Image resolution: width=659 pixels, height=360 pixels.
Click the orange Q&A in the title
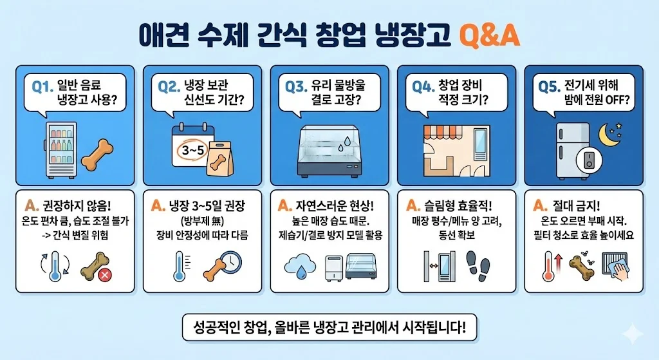coord(490,36)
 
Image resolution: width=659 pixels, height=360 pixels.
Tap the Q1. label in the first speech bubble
coord(42,87)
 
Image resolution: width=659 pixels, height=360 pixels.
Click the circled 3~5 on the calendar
coord(193,150)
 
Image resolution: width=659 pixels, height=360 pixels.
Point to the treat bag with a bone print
coord(221,158)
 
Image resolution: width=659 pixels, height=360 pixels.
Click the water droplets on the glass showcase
coord(344,144)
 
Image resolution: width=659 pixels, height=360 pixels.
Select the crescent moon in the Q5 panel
coord(609,135)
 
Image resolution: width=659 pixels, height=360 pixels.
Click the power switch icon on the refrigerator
coord(589,160)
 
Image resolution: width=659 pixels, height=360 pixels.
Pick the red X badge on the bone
coord(105,276)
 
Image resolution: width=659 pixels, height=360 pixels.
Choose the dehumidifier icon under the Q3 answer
coord(334,268)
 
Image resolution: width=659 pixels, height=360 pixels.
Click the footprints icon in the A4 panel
coord(478,267)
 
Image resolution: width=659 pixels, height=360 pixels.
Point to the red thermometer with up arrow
coord(552,266)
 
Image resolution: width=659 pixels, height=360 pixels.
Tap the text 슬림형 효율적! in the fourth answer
coord(458,205)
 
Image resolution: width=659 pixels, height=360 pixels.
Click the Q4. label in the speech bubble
coord(423,86)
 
